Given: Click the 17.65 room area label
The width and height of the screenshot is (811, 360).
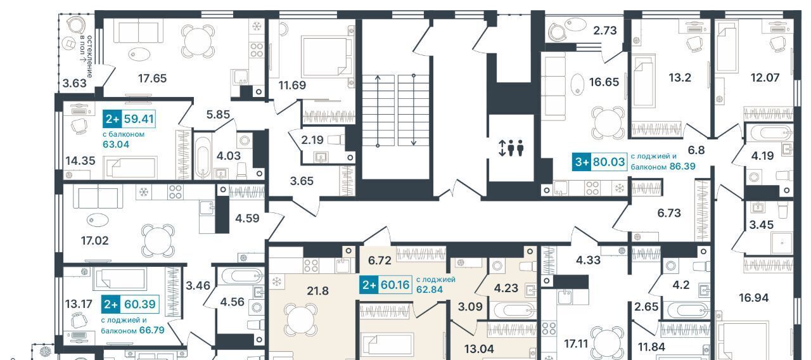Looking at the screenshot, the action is [x=153, y=78].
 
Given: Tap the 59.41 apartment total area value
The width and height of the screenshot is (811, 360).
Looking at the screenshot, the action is [x=139, y=119].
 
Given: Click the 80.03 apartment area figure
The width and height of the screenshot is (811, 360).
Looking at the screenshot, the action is [x=609, y=162].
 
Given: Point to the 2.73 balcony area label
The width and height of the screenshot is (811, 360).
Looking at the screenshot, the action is [x=605, y=30].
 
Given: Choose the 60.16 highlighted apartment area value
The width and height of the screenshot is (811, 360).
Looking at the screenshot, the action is [x=395, y=285].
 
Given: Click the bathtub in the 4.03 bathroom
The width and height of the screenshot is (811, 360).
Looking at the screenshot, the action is [x=203, y=156].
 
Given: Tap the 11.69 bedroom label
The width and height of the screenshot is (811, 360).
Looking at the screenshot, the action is [x=292, y=86].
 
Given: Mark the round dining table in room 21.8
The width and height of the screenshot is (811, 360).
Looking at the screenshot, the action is [x=300, y=320].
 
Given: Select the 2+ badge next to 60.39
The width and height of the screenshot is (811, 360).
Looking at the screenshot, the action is [x=111, y=304].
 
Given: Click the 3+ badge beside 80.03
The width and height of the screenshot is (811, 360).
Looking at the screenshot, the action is [x=582, y=162].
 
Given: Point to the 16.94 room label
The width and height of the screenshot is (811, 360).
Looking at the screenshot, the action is [x=753, y=298].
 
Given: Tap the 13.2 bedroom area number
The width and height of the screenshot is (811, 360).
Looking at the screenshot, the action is [x=680, y=77].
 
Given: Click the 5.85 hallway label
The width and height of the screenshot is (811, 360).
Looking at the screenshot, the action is [x=218, y=115].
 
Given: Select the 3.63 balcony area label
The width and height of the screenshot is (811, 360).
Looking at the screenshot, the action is [x=75, y=83].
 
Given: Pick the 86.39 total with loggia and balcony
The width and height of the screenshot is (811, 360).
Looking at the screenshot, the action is [x=682, y=166].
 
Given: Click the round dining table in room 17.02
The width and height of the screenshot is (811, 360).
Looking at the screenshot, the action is [x=158, y=240].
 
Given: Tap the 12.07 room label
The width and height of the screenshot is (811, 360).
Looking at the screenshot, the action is [x=765, y=77].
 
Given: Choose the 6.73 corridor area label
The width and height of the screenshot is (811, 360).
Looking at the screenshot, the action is [x=669, y=213].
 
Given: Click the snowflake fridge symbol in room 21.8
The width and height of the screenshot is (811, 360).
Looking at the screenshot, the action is [x=277, y=281].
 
